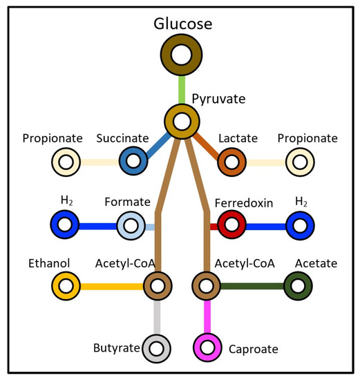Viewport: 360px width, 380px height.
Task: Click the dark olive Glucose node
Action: click(x=182, y=55)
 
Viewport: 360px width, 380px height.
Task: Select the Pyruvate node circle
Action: click(x=182, y=122)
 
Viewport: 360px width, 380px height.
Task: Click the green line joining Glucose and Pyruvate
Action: click(x=182, y=88)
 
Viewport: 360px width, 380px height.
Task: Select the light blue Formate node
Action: click(x=131, y=225)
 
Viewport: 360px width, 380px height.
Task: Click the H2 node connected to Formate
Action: click(x=67, y=225)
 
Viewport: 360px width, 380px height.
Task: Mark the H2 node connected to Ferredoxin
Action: click(x=299, y=225)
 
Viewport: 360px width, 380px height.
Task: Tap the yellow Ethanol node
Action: click(x=67, y=285)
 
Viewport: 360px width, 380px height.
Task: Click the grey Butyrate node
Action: click(x=157, y=347)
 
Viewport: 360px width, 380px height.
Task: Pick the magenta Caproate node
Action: click(x=207, y=347)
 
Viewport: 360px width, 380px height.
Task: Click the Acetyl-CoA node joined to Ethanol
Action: click(x=157, y=285)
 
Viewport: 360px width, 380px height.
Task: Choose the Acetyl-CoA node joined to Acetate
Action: click(x=207, y=285)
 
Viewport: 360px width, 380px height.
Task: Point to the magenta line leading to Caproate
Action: click(x=207, y=316)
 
